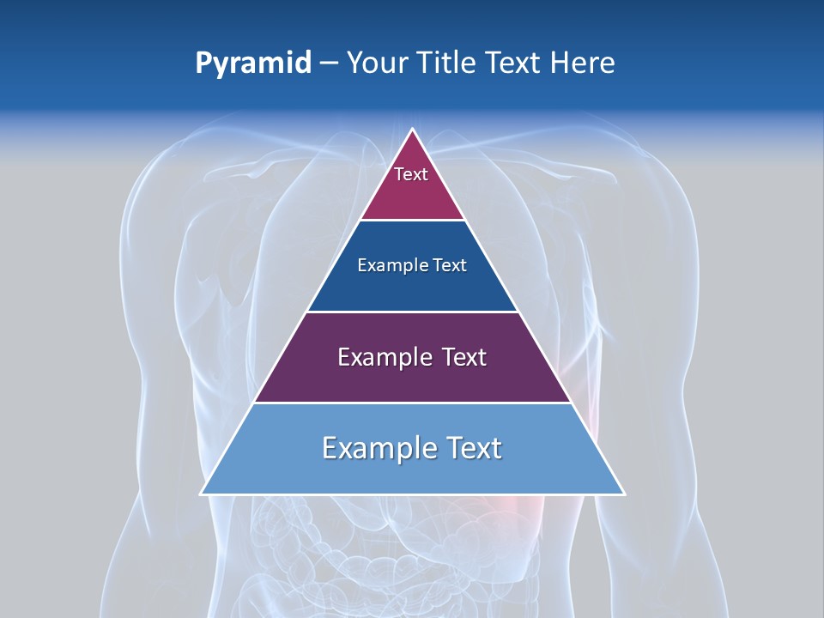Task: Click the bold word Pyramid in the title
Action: (x=253, y=64)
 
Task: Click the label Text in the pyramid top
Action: (x=411, y=174)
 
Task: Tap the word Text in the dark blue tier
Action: (x=451, y=265)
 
